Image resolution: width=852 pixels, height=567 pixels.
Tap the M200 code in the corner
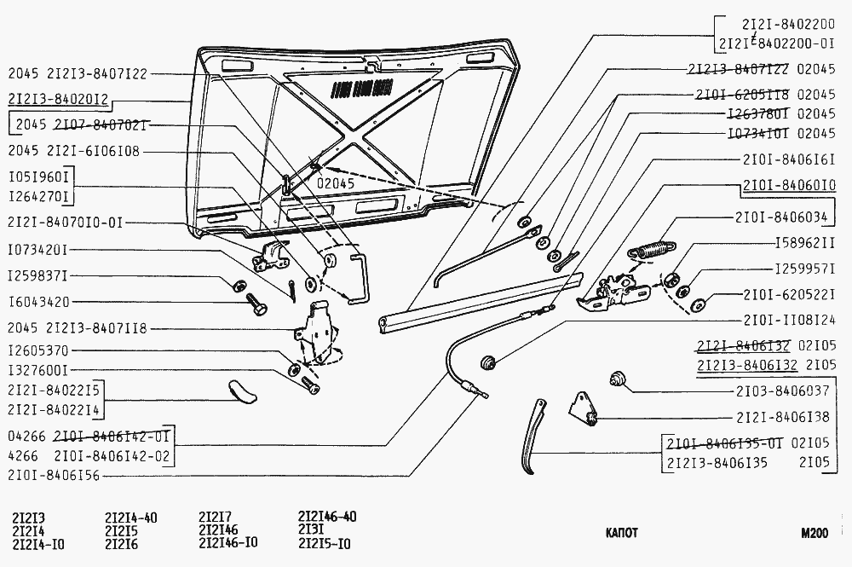814,534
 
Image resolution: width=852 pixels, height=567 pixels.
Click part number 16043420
38,302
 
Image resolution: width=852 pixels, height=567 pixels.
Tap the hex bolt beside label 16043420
256,303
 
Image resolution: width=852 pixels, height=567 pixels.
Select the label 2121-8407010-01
65,223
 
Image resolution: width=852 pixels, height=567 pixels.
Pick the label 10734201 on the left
38,250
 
